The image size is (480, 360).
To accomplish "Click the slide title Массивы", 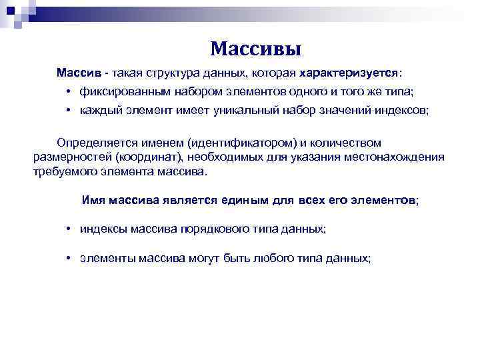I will pos(255,49).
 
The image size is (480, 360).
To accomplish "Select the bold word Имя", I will pos(93,199).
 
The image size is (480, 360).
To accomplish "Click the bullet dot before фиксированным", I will pos(69,91).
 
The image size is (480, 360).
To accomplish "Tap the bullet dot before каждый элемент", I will pos(69,111).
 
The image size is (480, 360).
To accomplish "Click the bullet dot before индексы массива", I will pos(69,228).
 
